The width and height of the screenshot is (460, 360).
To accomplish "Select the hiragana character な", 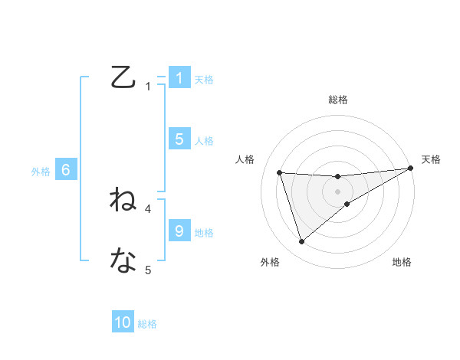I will [123, 260].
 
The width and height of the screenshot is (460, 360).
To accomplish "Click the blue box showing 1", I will [179, 78].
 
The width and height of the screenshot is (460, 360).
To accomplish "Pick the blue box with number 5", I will [179, 139].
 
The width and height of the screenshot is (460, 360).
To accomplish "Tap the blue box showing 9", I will [179, 231].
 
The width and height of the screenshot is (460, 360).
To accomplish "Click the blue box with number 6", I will [66, 170].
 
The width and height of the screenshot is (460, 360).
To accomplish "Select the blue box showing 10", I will [123, 322].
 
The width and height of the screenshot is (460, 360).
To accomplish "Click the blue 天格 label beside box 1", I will [204, 79].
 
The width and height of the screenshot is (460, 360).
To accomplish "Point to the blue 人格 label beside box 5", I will [204, 140].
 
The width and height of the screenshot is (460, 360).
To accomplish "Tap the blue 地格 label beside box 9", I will [204, 232].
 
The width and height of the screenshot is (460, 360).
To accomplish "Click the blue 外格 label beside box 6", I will [41, 172].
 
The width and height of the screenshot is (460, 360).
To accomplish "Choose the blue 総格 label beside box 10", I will [147, 324].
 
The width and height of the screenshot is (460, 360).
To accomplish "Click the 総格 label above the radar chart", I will [338, 100].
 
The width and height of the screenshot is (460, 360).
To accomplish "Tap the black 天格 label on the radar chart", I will [431, 159].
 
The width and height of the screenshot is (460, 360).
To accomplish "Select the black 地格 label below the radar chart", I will [402, 262].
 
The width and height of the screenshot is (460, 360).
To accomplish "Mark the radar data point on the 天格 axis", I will [411, 168].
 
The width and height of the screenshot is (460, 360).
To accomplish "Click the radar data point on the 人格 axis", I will [280, 172].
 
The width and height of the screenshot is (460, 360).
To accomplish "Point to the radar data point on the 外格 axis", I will [302, 242].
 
